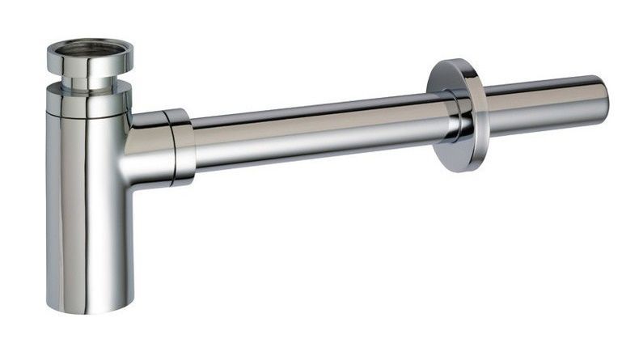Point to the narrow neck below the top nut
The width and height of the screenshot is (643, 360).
coord(88,82)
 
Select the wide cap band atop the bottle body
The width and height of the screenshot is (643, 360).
coord(87,102)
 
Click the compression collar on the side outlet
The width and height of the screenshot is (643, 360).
coord(180,146)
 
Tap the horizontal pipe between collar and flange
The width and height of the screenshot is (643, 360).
coord(315,129)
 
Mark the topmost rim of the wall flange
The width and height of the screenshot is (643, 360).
coord(444,61)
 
